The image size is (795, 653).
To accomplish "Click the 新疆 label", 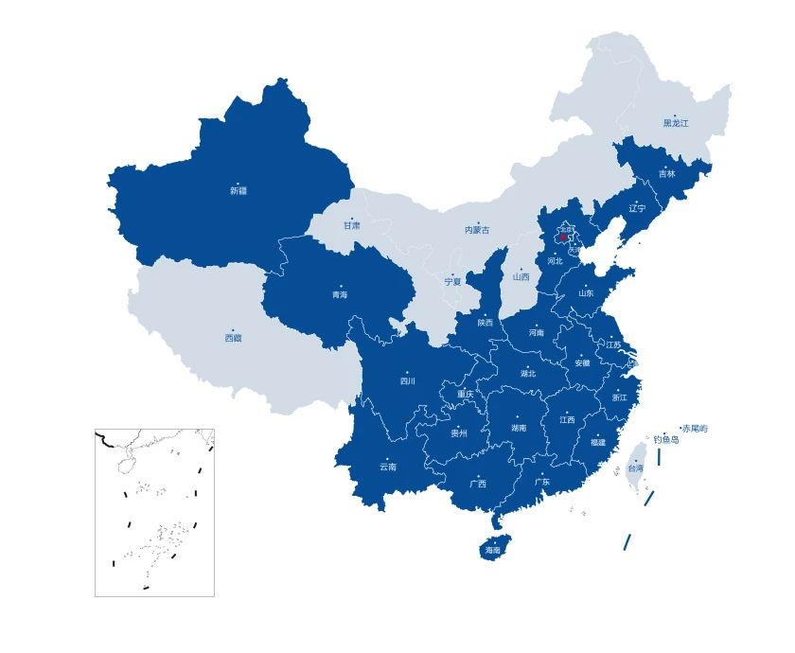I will [238, 190].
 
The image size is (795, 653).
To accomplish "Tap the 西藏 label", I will [233, 337].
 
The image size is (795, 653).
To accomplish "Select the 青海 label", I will [339, 295].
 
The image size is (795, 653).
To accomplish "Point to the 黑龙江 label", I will [676, 123].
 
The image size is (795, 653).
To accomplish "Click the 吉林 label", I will [667, 174].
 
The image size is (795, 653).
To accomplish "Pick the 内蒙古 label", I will [477, 230].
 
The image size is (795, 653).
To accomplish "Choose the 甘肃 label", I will [351, 225].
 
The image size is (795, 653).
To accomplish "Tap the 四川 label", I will [408, 382].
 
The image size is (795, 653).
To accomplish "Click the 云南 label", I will [388, 467].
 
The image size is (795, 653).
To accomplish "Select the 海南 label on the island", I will [493, 550].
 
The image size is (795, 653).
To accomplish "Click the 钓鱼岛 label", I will [665, 440].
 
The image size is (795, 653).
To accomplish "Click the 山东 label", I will [587, 293].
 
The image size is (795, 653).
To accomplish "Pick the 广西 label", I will [478, 484].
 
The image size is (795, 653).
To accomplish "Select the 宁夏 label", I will [453, 281].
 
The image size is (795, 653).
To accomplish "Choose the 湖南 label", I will [519, 428].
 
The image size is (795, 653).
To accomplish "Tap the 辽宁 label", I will [637, 208].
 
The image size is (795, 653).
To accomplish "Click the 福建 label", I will [597, 442].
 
